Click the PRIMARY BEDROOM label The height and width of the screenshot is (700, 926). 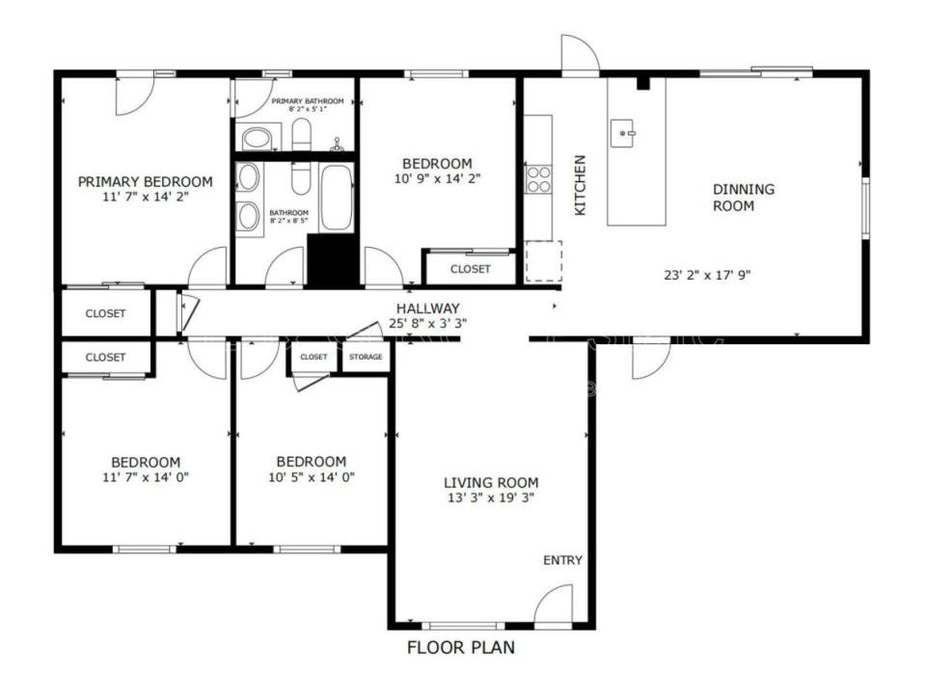(145, 181)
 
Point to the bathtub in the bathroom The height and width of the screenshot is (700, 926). (337, 198)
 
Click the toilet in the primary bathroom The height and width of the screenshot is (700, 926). (299, 135)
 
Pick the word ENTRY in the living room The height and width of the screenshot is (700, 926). (562, 560)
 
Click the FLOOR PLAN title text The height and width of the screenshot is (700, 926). (460, 648)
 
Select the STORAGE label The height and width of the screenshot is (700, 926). (366, 357)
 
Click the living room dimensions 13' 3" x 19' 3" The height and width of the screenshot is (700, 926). (490, 498)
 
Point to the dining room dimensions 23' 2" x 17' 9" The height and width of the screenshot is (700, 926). (707, 274)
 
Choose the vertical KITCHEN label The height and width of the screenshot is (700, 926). (580, 184)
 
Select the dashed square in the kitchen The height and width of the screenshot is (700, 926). (543, 261)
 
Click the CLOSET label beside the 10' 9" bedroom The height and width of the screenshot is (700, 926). (470, 269)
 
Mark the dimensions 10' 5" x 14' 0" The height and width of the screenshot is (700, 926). (311, 476)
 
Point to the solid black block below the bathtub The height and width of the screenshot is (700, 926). (333, 260)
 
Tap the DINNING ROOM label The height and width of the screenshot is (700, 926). (743, 198)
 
